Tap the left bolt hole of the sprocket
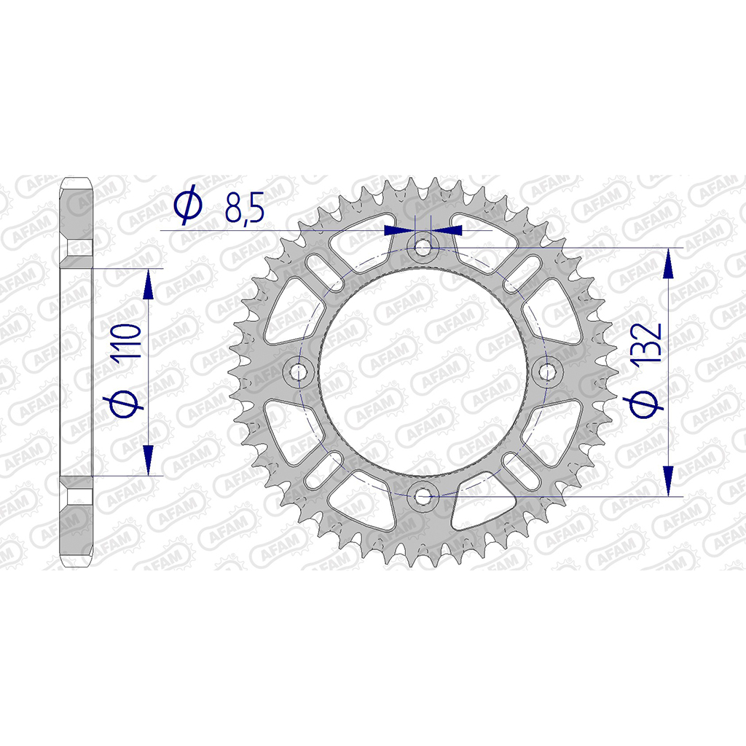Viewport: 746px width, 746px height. [298, 372]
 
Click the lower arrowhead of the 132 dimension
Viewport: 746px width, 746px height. [668, 480]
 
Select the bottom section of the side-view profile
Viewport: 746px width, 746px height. [76, 521]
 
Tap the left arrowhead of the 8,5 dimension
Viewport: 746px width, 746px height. [398, 230]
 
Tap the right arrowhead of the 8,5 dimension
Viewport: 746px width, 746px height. [447, 230]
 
